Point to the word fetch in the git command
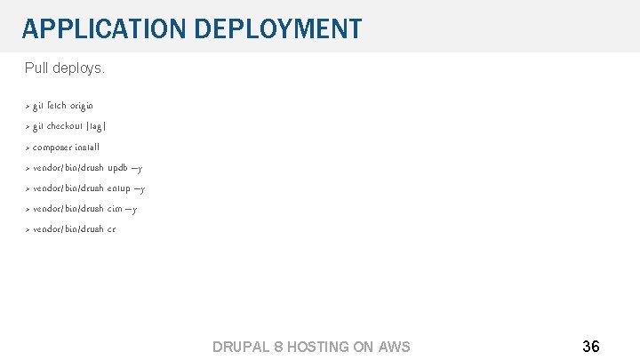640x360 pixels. (x=57, y=106)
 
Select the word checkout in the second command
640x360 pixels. (x=67, y=126)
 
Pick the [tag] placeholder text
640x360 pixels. (x=98, y=126)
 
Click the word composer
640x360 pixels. (x=55, y=148)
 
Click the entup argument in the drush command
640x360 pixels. (x=120, y=188)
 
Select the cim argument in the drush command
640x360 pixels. (x=116, y=209)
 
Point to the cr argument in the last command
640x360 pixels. (x=111, y=229)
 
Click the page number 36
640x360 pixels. (x=590, y=346)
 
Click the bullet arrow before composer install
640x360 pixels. (x=28, y=148)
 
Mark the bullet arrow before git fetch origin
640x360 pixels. (x=28, y=106)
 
